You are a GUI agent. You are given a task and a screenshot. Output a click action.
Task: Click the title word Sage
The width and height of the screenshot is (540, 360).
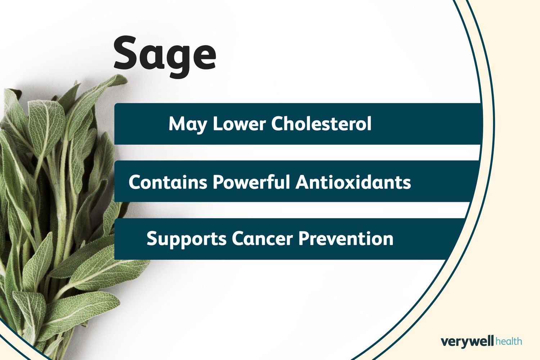click(165, 57)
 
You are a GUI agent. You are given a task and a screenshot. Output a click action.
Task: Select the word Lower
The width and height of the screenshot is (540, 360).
click(239, 124)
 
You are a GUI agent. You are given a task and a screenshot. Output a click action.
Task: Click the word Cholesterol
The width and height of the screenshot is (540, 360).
click(321, 123)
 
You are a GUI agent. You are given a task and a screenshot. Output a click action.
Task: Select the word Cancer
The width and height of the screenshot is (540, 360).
click(262, 239)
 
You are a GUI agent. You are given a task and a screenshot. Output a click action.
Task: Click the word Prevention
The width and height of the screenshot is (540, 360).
click(346, 239)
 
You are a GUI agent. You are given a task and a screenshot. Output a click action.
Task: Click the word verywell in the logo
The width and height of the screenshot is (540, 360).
click(467, 342)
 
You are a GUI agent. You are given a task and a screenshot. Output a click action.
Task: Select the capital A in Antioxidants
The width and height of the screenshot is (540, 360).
click(302, 182)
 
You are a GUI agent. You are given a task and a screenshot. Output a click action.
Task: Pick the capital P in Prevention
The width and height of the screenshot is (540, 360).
click(304, 239)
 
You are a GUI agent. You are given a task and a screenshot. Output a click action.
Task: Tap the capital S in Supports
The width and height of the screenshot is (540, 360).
click(152, 239)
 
